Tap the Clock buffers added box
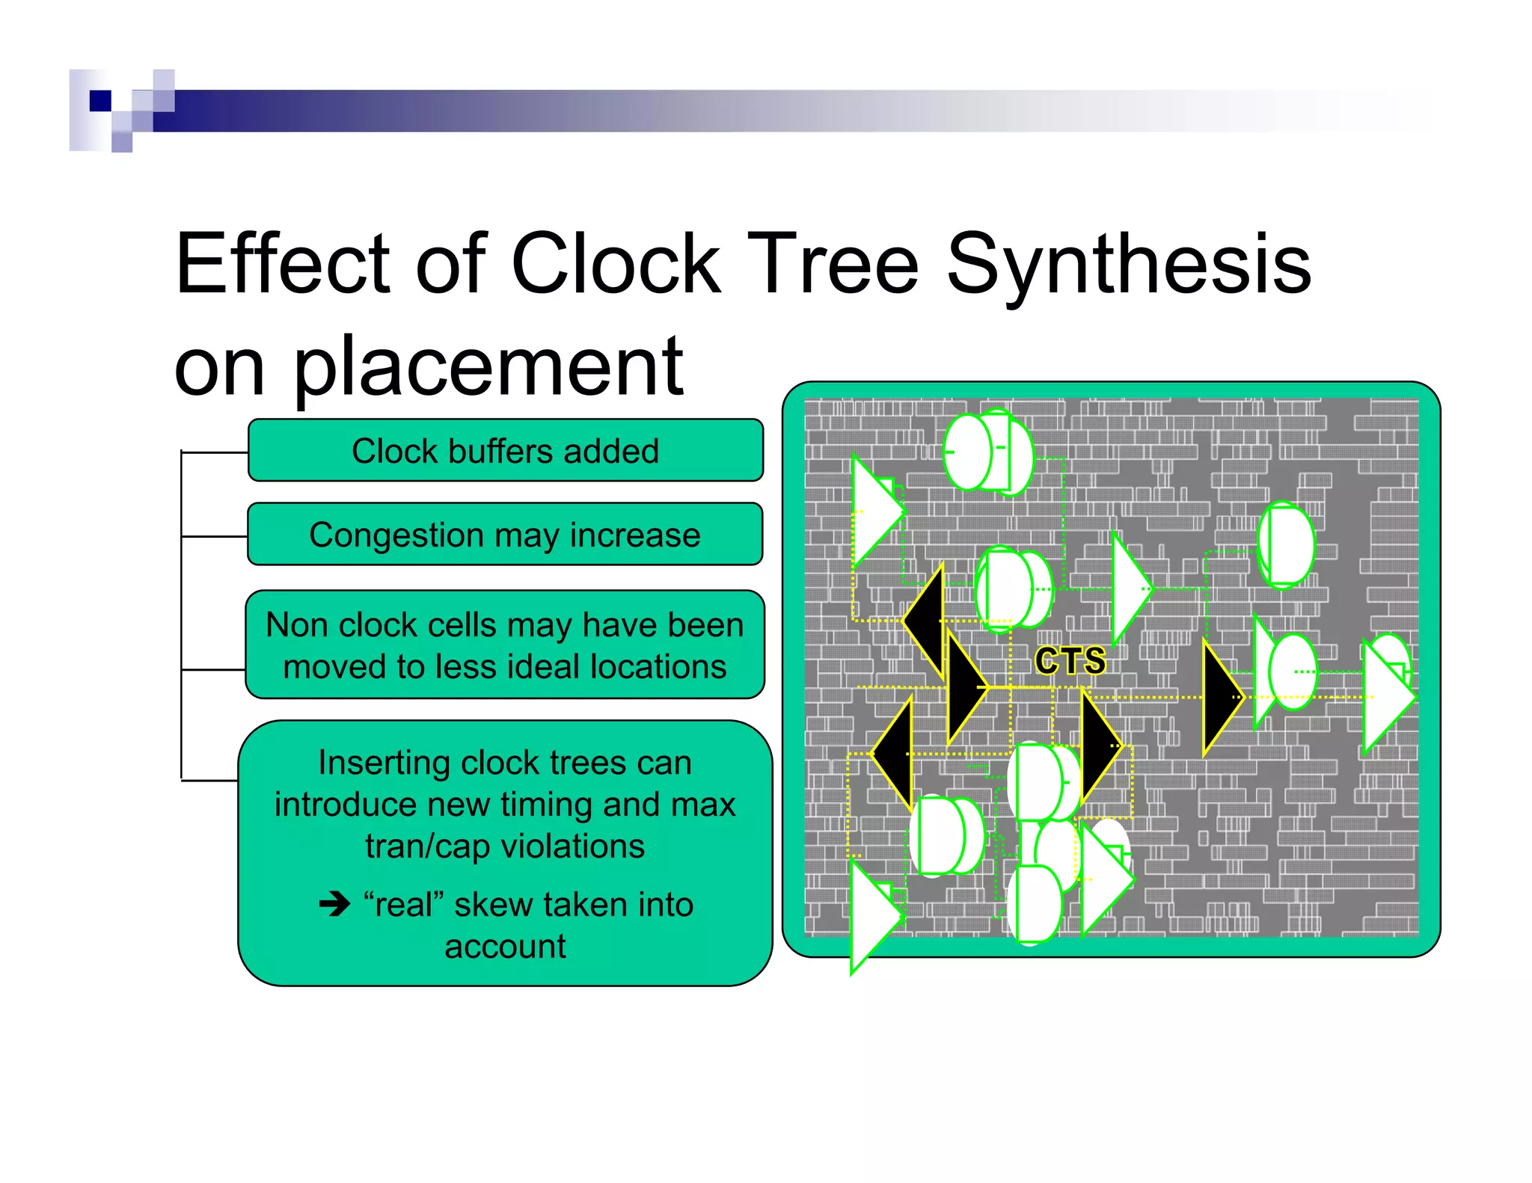coord(506,451)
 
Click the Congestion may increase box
coord(506,535)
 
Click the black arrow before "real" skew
coord(334,905)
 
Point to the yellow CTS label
coord(1070,661)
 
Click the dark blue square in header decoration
coord(99,100)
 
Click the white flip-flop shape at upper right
coord(1287,544)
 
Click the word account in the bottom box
coord(506,947)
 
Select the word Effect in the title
coord(282,265)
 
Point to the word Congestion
coord(396,535)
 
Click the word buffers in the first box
coord(500,452)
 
